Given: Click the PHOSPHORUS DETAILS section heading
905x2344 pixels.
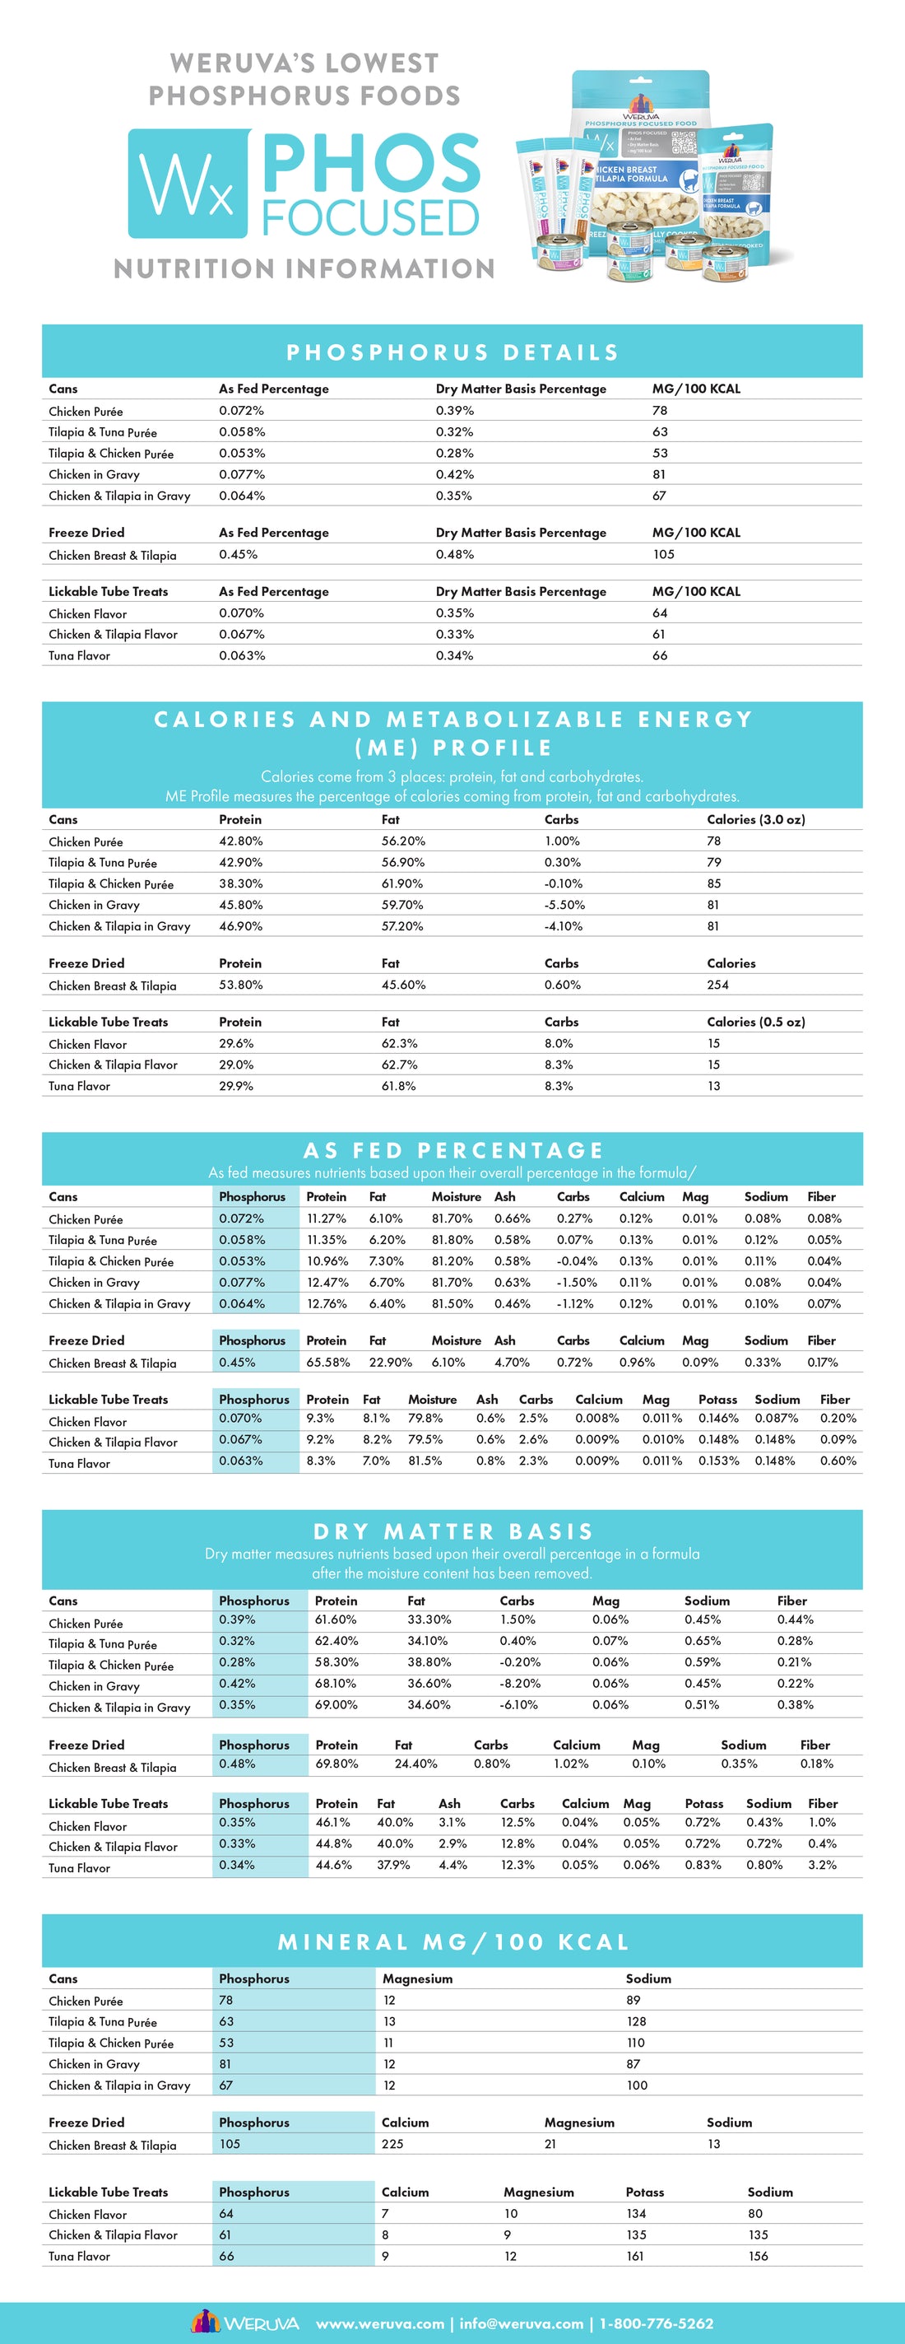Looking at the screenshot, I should click(452, 352).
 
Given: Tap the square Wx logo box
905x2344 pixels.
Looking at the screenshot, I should click(188, 184).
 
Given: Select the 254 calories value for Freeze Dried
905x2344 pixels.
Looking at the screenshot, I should click(717, 985).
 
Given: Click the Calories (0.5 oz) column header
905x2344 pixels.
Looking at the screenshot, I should click(755, 1022).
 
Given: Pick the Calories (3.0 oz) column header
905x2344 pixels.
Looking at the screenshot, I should click(755, 819).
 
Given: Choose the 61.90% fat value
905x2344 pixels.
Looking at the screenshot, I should click(402, 883).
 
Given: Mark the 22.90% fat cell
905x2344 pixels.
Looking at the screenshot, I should click(390, 1362).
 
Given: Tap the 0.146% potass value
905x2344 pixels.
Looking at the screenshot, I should click(717, 1418).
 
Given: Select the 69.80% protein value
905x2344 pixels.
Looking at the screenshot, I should click(336, 1764).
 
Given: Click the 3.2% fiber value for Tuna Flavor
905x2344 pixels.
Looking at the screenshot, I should click(821, 1865).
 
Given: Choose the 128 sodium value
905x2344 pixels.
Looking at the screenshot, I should click(636, 2021).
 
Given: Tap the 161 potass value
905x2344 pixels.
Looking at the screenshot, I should click(635, 2256).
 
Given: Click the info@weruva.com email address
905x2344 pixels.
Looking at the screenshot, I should click(521, 2323).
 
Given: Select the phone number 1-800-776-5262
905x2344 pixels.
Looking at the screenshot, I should click(656, 2323).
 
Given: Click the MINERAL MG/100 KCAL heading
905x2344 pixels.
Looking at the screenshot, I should click(452, 1942).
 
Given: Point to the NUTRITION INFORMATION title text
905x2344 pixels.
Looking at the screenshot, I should click(304, 268).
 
